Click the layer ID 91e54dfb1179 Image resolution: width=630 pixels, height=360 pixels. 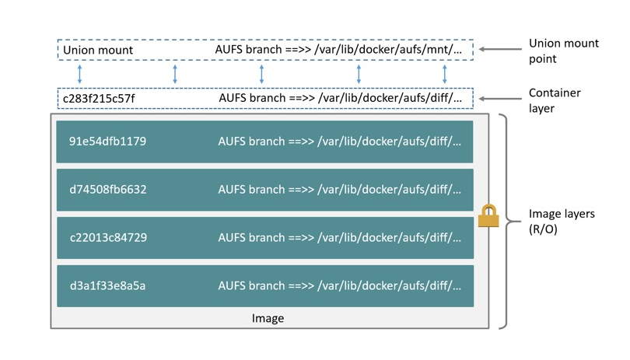click(x=108, y=142)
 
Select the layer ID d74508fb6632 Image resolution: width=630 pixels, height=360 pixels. click(x=108, y=190)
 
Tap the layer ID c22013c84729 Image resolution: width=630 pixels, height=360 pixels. click(x=108, y=238)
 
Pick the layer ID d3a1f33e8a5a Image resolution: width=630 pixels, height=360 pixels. click(x=108, y=286)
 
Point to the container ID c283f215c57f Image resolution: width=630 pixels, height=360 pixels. click(x=99, y=99)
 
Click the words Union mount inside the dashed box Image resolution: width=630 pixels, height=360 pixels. click(x=98, y=51)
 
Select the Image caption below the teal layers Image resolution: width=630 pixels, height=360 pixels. click(x=268, y=318)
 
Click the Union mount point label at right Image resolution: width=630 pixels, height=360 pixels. click(x=564, y=51)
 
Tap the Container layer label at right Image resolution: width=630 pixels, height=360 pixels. click(x=555, y=100)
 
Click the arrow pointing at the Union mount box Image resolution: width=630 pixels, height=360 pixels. click(x=498, y=49)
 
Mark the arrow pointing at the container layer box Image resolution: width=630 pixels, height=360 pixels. click(x=498, y=99)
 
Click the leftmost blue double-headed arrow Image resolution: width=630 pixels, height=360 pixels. click(x=79, y=75)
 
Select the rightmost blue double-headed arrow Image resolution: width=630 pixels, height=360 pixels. click(x=445, y=75)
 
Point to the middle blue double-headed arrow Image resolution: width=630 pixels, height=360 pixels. click(x=261, y=75)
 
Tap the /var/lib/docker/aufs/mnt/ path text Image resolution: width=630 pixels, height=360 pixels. click(x=392, y=51)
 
